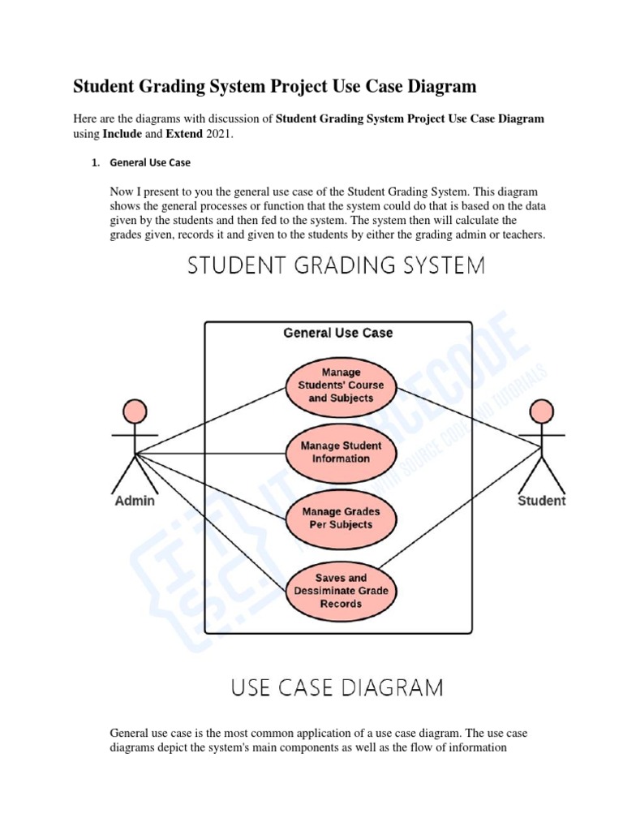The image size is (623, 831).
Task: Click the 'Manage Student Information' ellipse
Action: pyautogui.click(x=341, y=452)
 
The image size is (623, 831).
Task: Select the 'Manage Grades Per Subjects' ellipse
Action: pyautogui.click(x=341, y=518)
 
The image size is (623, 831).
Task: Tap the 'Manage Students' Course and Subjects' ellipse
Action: pyautogui.click(x=341, y=385)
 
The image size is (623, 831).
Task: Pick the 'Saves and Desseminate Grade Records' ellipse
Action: pyautogui.click(x=341, y=591)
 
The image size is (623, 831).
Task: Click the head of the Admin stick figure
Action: pyautogui.click(x=135, y=411)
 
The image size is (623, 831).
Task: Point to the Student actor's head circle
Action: pyautogui.click(x=541, y=411)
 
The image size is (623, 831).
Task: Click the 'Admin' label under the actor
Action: pyautogui.click(x=135, y=501)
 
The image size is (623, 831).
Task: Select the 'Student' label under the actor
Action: pyautogui.click(x=542, y=501)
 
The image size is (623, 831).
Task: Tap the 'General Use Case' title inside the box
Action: pyautogui.click(x=337, y=333)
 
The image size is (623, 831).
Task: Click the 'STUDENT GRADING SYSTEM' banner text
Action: pyautogui.click(x=337, y=266)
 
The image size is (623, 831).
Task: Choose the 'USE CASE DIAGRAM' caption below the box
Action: pyautogui.click(x=337, y=689)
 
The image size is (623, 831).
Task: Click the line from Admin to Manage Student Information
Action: pyautogui.click(x=211, y=453)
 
